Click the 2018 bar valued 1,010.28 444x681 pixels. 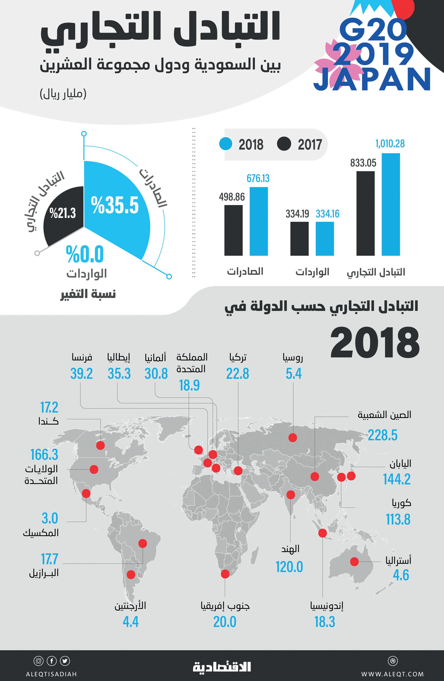pyautogui.click(x=390, y=204)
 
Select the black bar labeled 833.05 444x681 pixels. pyautogui.click(x=365, y=213)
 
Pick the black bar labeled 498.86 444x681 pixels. pyautogui.click(x=233, y=230)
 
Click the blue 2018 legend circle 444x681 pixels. pyautogui.click(x=226, y=144)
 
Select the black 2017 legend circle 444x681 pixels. pyautogui.click(x=284, y=144)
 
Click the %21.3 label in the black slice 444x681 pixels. pyautogui.click(x=62, y=213)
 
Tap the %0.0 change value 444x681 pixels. pyautogui.click(x=85, y=254)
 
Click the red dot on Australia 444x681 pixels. pyautogui.click(x=354, y=561)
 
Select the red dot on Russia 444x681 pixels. pyautogui.click(x=292, y=437)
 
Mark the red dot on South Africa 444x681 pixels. pyautogui.click(x=225, y=574)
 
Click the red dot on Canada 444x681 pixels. pyautogui.click(x=100, y=445)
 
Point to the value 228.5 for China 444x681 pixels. pyautogui.click(x=382, y=435)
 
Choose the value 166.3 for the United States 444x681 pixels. pyautogui.click(x=44, y=455)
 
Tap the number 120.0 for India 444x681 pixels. pyautogui.click(x=289, y=567)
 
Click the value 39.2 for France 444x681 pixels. pyautogui.click(x=81, y=374)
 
